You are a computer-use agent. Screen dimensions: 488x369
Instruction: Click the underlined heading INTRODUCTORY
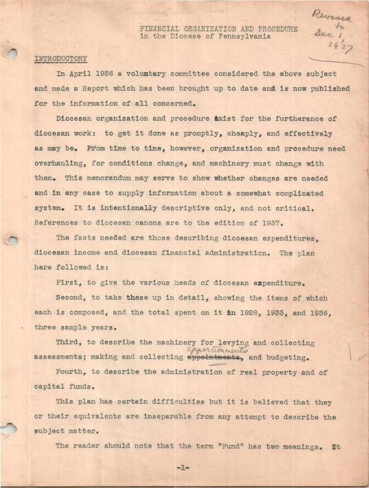pyautogui.click(x=60, y=59)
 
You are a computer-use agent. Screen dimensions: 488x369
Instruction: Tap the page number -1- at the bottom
pyautogui.click(x=182, y=467)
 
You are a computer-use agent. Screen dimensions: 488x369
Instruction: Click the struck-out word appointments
pyautogui.click(x=215, y=357)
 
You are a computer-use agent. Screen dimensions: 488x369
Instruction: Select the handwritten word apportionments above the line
pyautogui.click(x=217, y=349)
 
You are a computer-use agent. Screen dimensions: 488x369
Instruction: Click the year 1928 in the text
pyautogui.click(x=238, y=313)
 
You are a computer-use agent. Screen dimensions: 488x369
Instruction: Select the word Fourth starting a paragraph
pyautogui.click(x=71, y=372)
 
